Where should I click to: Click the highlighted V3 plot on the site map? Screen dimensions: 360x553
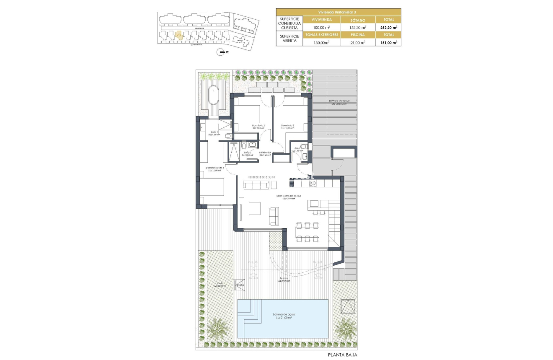(x=178, y=35)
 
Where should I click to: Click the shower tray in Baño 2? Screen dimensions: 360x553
(x=232, y=152)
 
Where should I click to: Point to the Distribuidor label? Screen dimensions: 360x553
(x=265, y=153)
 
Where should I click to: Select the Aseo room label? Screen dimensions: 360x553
(x=297, y=148)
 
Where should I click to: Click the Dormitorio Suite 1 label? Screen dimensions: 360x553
(x=215, y=168)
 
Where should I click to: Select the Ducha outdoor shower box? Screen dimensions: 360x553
(x=240, y=285)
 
